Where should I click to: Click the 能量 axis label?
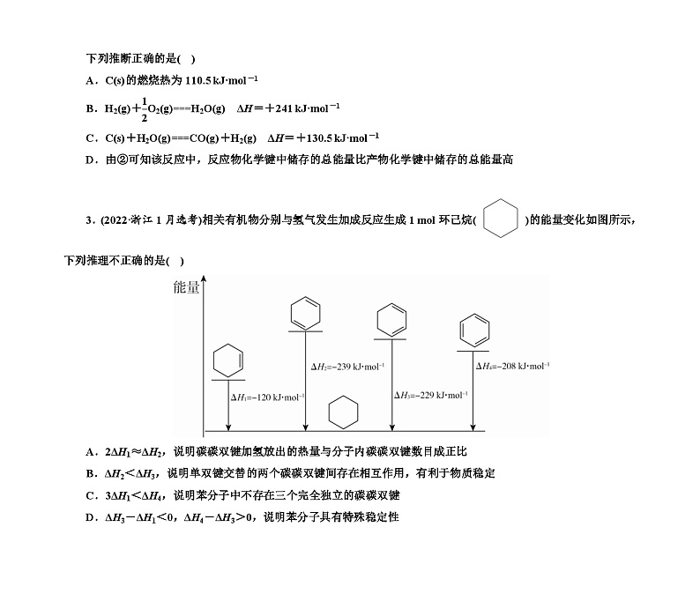tap(186, 287)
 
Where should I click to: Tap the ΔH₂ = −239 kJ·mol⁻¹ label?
tap(346, 366)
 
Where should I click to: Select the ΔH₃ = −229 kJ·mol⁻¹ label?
tap(430, 395)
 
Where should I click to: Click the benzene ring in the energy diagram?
tap(474, 330)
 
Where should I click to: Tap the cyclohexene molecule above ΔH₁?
tap(227, 360)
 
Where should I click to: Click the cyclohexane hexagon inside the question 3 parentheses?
tap(500, 219)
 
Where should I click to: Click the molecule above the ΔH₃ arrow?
tap(391, 318)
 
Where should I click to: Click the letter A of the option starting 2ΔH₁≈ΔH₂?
tap(90, 452)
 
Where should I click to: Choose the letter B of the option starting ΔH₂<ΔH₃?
tap(90, 473)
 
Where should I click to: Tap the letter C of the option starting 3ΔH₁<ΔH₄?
tap(90, 495)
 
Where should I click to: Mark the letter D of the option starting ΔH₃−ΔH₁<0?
tap(90, 517)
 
